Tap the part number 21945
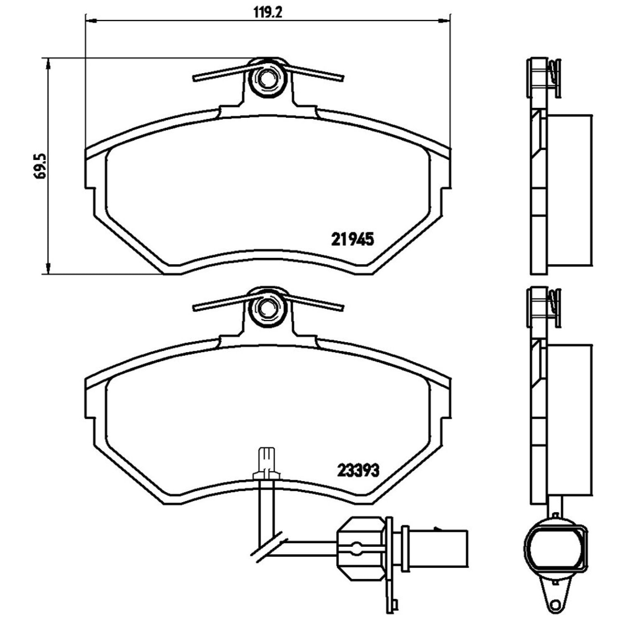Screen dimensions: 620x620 353,239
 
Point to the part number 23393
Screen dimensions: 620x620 358,470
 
